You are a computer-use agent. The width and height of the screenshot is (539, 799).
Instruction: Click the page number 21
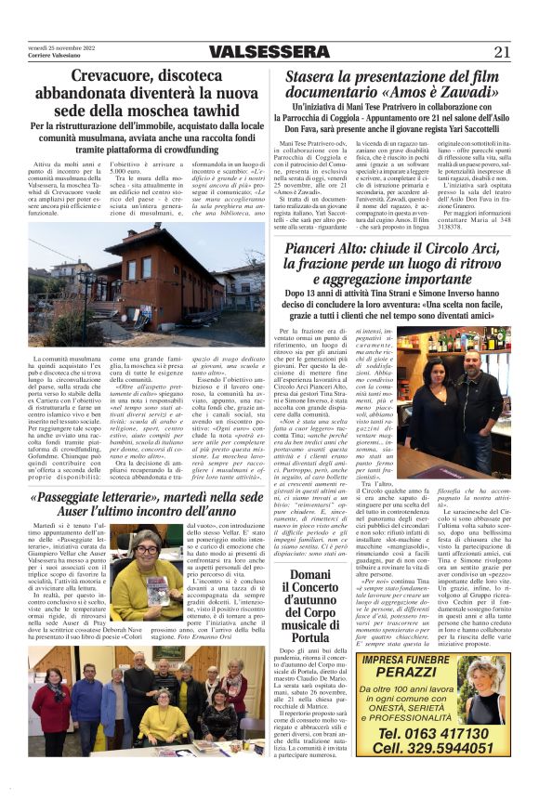(503, 52)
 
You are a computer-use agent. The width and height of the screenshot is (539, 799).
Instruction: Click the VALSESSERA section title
(269, 52)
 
